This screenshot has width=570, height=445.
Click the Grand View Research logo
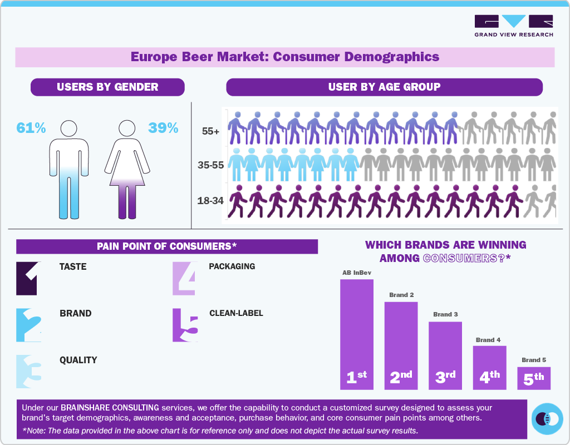[x=513, y=26]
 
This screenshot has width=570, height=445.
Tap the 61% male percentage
[x=31, y=128]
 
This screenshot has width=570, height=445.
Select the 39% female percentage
[x=163, y=128]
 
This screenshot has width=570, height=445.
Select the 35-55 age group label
[x=210, y=165]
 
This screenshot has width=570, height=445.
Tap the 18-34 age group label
[x=210, y=200]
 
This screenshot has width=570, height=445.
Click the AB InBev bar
[x=356, y=334]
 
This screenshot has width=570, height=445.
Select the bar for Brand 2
[x=401, y=345]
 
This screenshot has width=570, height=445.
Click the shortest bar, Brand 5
[x=533, y=378]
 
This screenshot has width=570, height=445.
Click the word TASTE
[x=73, y=267]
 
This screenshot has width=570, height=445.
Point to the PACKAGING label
[x=232, y=266]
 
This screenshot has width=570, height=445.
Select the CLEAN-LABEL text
[x=236, y=313]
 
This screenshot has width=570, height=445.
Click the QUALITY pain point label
[x=78, y=360]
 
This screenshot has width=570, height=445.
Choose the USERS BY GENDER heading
[x=107, y=87]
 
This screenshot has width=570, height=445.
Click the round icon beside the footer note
[x=547, y=419]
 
